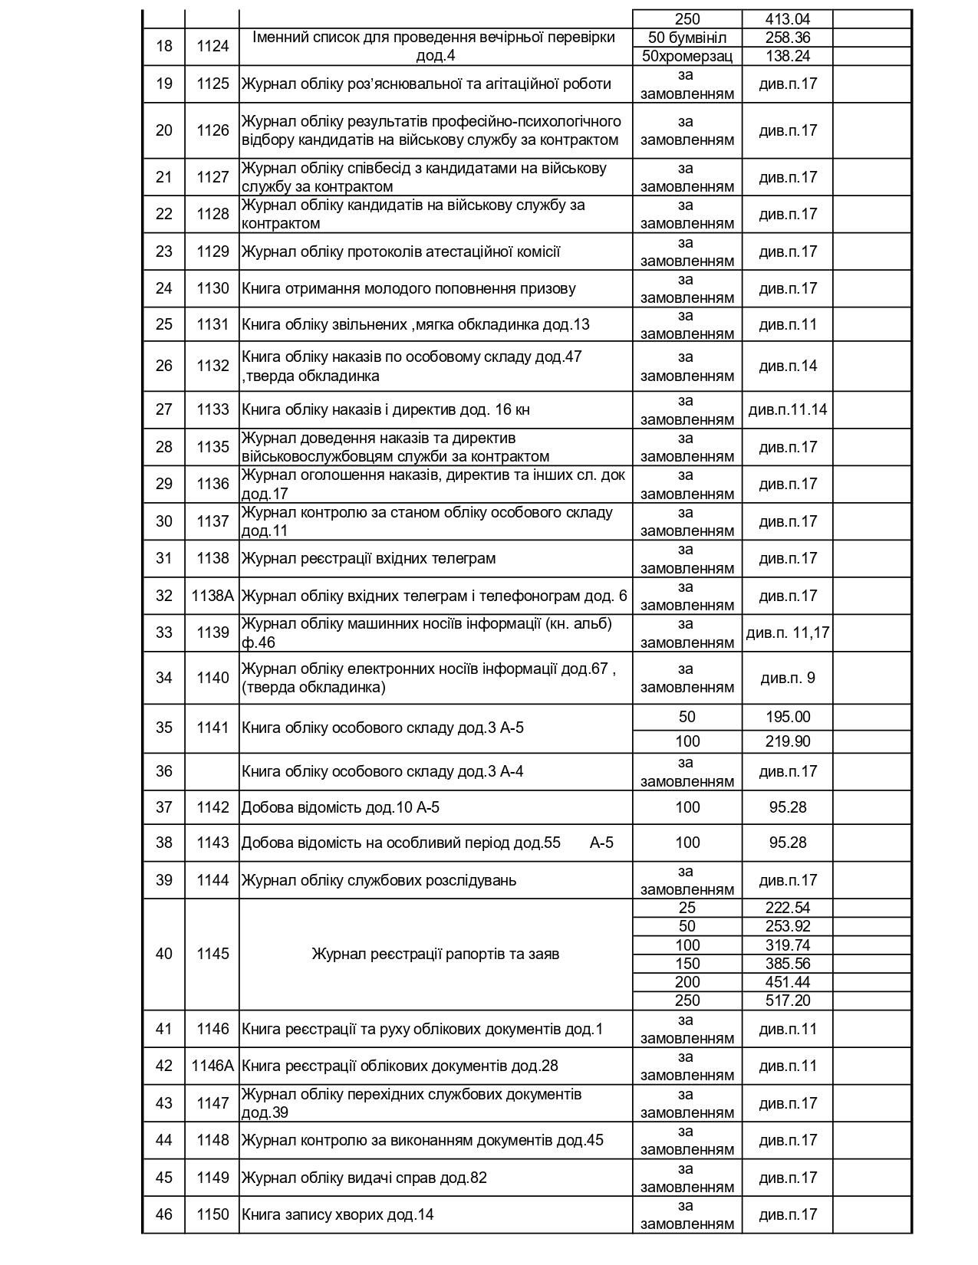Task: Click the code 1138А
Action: (x=212, y=596)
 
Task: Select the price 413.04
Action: (x=788, y=19)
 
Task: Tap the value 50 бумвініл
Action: (x=687, y=38)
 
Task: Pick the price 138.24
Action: (x=788, y=56)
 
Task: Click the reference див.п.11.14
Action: (x=788, y=409)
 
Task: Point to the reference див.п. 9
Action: (x=788, y=678)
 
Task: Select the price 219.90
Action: (x=788, y=741)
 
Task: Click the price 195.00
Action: (x=788, y=717)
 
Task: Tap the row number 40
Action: (x=164, y=954)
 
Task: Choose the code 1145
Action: (x=212, y=954)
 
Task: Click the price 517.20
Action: (x=788, y=1001)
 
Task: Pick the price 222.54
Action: (x=788, y=909)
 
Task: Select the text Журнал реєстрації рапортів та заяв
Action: (x=436, y=954)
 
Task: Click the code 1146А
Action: (x=212, y=1066)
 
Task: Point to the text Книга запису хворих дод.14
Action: (x=338, y=1214)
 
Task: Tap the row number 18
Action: (x=164, y=46)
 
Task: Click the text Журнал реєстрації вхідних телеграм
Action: (x=369, y=558)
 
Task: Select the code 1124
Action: (x=212, y=46)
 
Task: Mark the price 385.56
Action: (x=788, y=964)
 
